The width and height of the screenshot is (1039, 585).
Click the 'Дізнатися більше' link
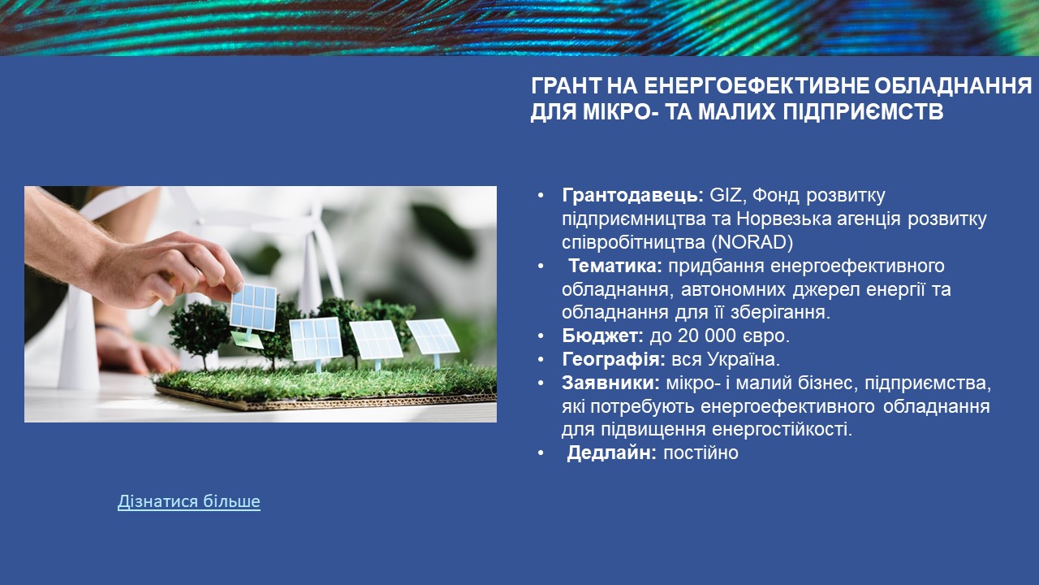(x=189, y=501)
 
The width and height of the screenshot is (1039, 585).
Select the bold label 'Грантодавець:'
(x=632, y=196)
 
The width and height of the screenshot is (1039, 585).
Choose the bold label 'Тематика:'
(x=615, y=266)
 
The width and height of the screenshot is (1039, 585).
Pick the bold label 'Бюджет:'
(x=602, y=336)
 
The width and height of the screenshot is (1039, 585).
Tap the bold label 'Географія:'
(x=613, y=359)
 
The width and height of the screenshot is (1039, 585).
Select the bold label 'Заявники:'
(x=610, y=383)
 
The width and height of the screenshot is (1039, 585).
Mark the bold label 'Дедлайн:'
(x=612, y=453)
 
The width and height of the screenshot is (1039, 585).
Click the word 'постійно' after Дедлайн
(x=701, y=453)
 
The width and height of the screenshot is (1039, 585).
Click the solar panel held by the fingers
(x=253, y=307)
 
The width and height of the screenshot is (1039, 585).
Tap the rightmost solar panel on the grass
(x=433, y=336)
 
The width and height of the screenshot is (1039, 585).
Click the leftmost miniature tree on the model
(x=200, y=332)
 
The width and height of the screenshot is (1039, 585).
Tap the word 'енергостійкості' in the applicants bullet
(x=782, y=430)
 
